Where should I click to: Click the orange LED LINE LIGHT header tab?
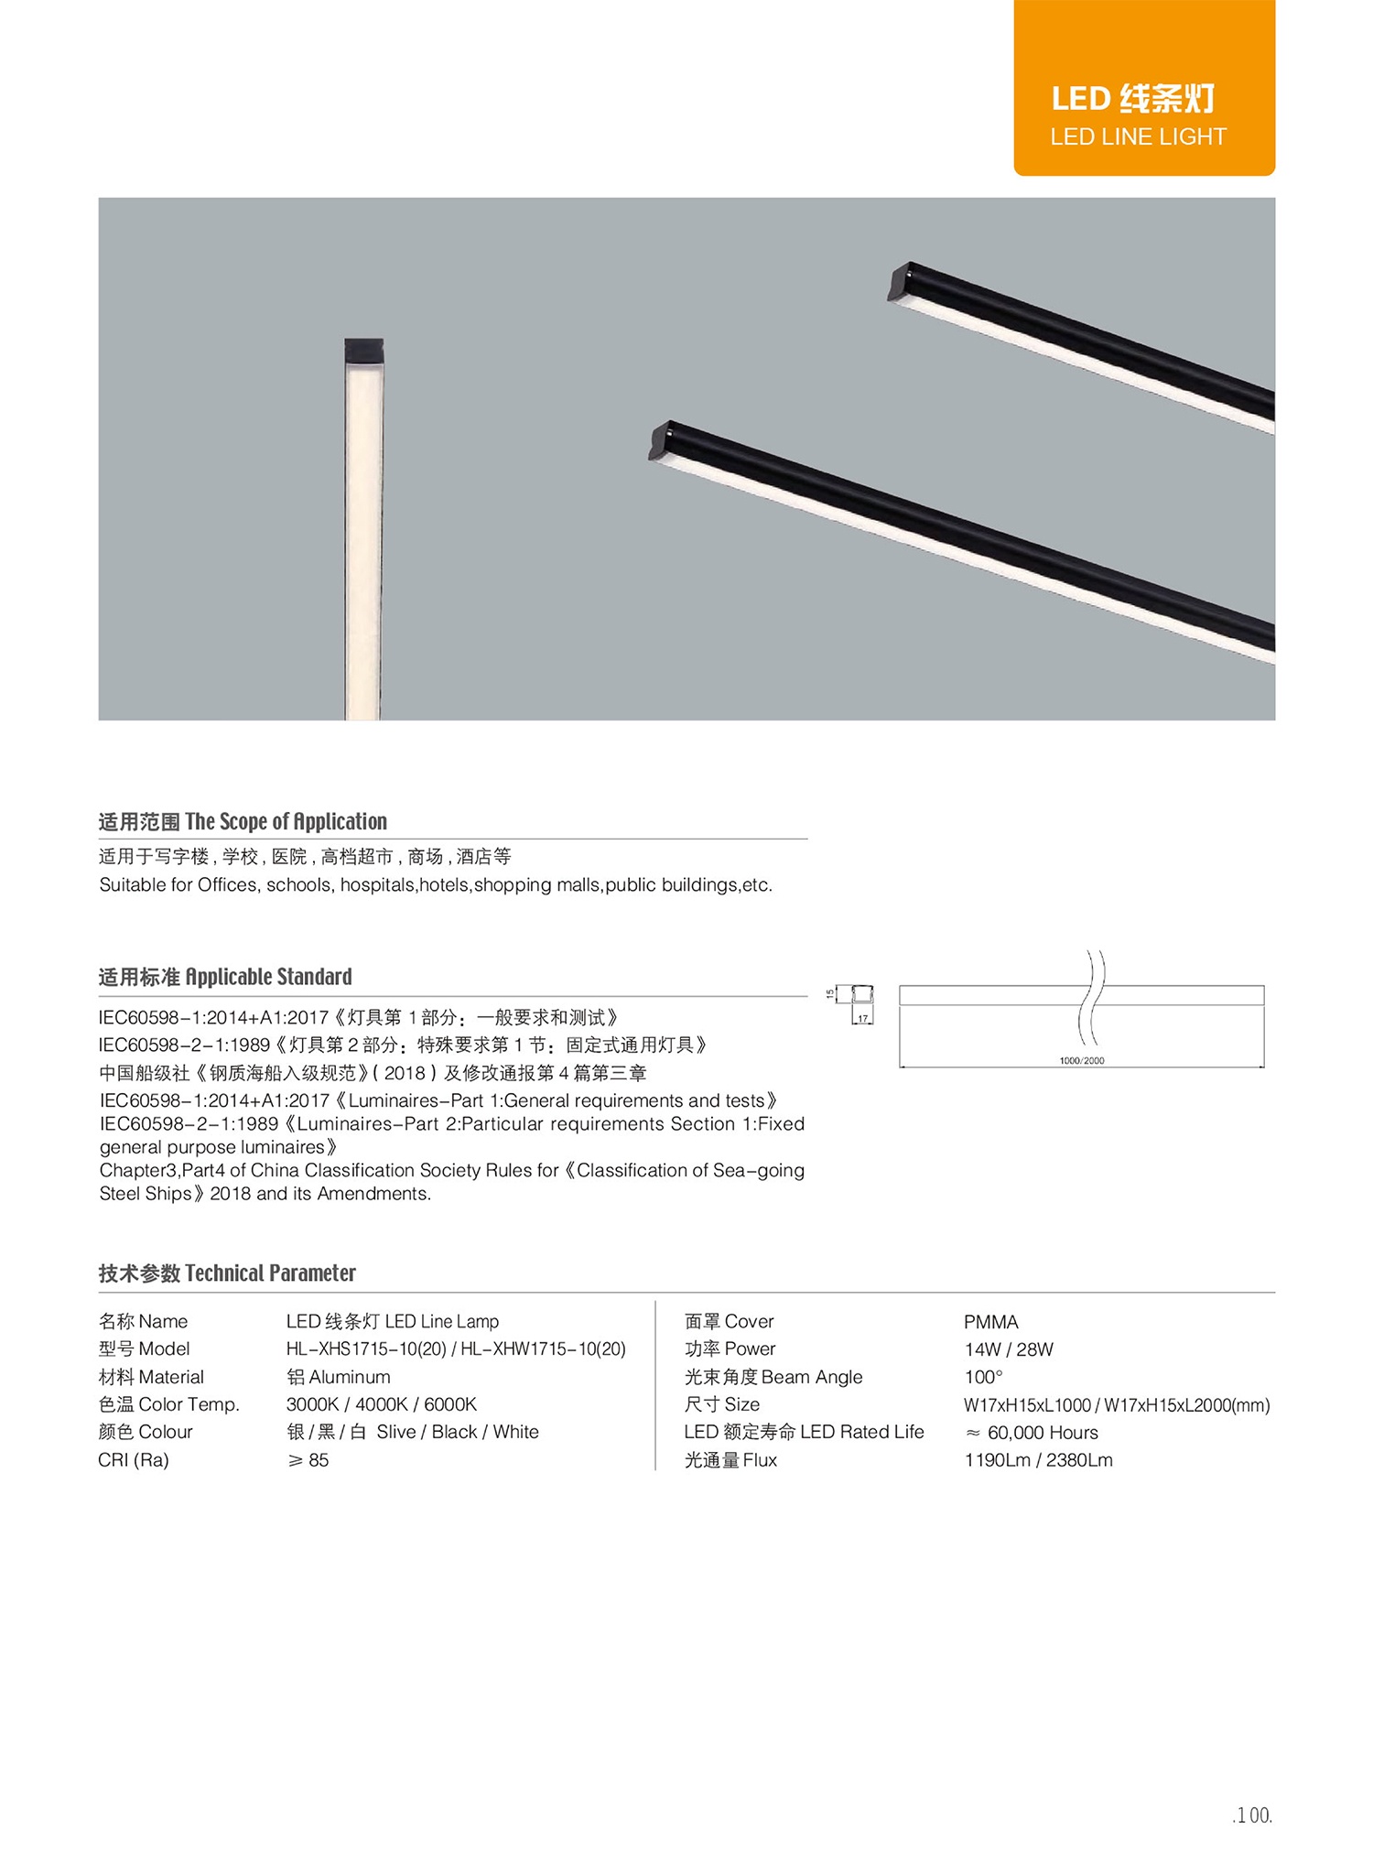pos(1143,88)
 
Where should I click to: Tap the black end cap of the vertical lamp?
pos(363,350)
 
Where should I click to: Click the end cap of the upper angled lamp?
pos(901,280)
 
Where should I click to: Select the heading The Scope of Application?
pos(243,821)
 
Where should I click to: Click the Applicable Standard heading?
pos(225,977)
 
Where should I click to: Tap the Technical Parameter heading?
pos(227,1273)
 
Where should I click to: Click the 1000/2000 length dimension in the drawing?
pos(1081,1060)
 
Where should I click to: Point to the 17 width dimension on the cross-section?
pos(862,1018)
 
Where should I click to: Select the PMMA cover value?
pos(990,1322)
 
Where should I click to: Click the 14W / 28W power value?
pos(1009,1349)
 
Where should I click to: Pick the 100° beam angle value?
pos(983,1377)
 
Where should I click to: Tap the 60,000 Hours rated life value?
pos(1032,1433)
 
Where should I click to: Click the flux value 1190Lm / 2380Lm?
pos(1038,1460)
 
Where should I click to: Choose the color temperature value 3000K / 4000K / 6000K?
pos(382,1404)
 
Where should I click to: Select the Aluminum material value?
pos(339,1377)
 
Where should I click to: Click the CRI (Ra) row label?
pos(134,1460)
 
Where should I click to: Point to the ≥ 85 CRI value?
pos(308,1460)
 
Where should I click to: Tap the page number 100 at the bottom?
pos(1252,1815)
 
